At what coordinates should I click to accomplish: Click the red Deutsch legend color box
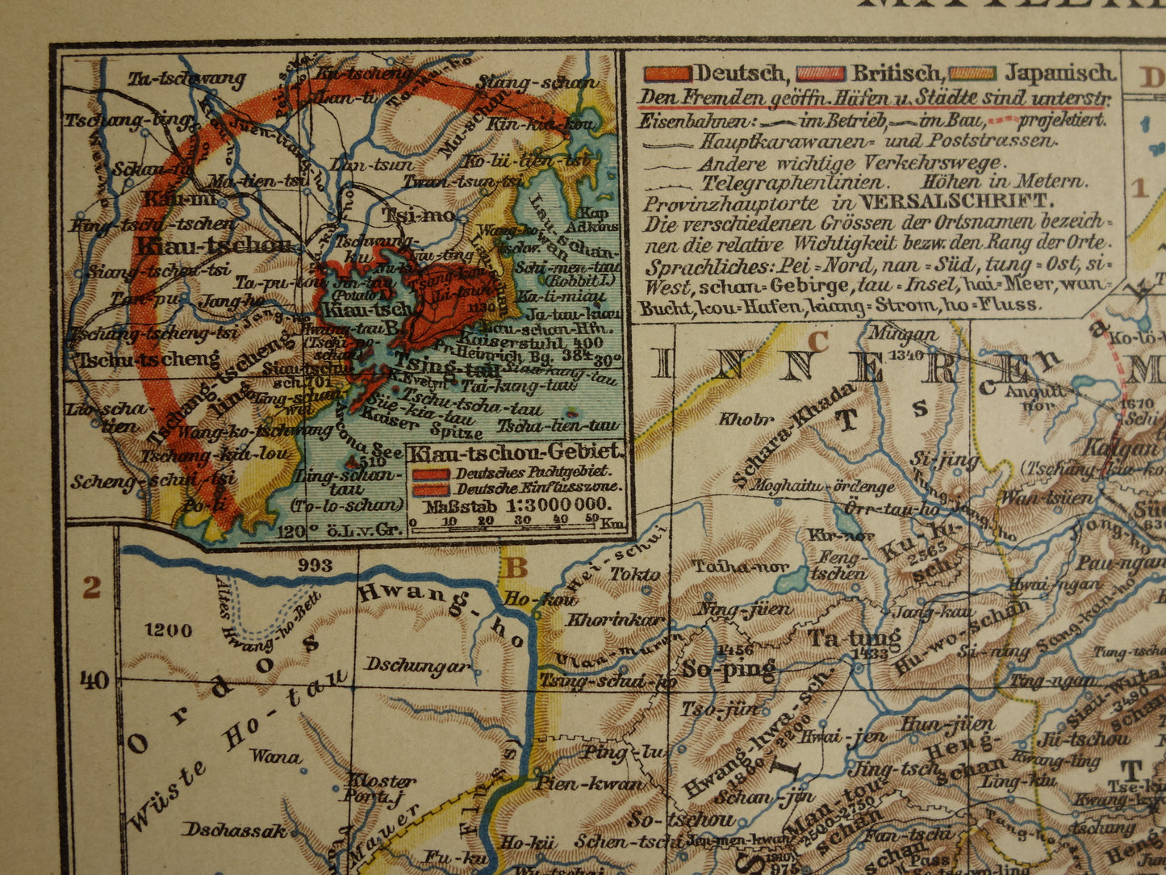coord(667,73)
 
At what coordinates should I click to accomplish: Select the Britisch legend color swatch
coord(820,73)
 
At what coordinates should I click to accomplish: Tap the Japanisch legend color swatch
coord(973,73)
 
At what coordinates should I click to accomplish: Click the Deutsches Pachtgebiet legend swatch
coord(431,474)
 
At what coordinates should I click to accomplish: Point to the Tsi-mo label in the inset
coord(407,216)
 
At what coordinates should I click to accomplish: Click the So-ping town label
coord(729,669)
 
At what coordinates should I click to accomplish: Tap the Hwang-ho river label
coord(442,613)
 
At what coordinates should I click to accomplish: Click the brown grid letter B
coord(515,568)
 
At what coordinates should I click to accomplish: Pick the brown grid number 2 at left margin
coord(91,588)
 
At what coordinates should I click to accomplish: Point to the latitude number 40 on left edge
coord(94,680)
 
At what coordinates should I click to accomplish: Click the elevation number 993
coord(314,564)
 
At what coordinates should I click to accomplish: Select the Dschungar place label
coord(416,665)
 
